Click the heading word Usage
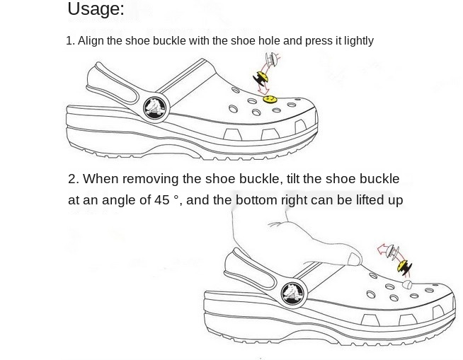coord(96,9)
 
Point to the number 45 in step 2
coord(161,200)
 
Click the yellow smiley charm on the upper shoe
coord(270,99)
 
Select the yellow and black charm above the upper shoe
coord(261,79)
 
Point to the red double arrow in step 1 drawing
coord(262,77)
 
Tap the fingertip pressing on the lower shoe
coord(354,259)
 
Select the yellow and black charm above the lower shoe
coord(404,267)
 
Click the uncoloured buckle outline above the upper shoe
coord(273,58)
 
